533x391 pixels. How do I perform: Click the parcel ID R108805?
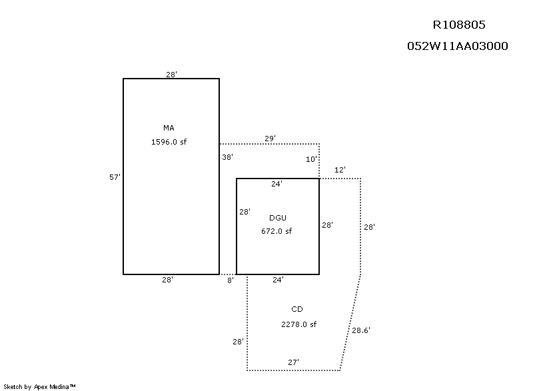pyautogui.click(x=459, y=25)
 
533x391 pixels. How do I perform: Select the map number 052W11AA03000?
pyautogui.click(x=458, y=46)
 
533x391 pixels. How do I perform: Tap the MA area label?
pyautogui.click(x=169, y=127)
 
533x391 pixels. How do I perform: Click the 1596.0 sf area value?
pyautogui.click(x=169, y=141)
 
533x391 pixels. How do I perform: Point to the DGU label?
pyautogui.click(x=278, y=218)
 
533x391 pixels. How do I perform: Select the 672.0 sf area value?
pyautogui.click(x=276, y=232)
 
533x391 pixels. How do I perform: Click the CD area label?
pyautogui.click(x=297, y=309)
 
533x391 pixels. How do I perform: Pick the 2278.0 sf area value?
pyautogui.click(x=298, y=324)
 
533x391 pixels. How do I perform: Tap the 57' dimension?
pyautogui.click(x=115, y=177)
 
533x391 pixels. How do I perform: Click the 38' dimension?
pyautogui.click(x=227, y=158)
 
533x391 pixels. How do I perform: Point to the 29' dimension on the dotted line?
pyautogui.click(x=270, y=139)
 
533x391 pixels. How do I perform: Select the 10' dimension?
pyautogui.click(x=312, y=160)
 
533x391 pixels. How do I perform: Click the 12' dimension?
pyautogui.click(x=340, y=171)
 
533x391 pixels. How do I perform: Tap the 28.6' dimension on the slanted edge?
pyautogui.click(x=361, y=330)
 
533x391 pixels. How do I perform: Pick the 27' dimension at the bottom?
pyautogui.click(x=293, y=362)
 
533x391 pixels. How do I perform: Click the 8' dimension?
pyautogui.click(x=230, y=280)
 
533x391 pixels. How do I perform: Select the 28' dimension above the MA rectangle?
pyautogui.click(x=171, y=75)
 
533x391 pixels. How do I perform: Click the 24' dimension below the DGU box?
pyautogui.click(x=278, y=280)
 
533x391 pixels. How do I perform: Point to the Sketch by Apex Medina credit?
pyautogui.click(x=39, y=386)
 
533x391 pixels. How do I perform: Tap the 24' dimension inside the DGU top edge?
pyautogui.click(x=276, y=184)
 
